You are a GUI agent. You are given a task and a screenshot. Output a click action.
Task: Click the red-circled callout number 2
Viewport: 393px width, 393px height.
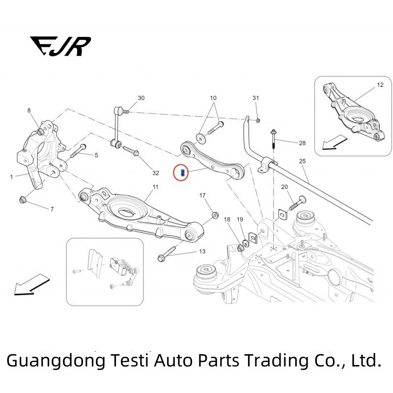183,173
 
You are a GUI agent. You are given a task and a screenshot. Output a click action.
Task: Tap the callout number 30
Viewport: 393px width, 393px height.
141,98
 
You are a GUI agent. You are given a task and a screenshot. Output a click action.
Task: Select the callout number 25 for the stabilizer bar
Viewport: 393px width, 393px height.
302,161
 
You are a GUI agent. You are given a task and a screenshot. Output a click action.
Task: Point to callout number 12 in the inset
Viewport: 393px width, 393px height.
380,85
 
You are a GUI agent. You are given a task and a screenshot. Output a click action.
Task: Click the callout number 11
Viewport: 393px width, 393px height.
155,187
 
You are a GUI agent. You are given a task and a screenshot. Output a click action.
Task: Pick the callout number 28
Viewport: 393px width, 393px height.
302,143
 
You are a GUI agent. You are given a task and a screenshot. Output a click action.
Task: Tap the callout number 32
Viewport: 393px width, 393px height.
156,173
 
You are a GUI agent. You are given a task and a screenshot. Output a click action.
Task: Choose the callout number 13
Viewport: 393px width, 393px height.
202,252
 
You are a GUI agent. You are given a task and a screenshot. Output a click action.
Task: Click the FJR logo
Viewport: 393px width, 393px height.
60,46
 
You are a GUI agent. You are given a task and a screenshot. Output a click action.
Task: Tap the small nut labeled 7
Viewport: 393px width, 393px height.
22,199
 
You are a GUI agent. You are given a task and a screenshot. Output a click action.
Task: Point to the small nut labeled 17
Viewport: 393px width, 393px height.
215,215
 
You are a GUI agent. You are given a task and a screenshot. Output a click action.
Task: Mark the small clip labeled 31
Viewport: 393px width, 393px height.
258,120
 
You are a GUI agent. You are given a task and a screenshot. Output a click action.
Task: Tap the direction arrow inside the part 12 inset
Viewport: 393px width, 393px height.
335,142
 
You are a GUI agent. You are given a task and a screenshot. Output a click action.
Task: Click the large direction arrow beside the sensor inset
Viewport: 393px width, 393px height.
32,284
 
